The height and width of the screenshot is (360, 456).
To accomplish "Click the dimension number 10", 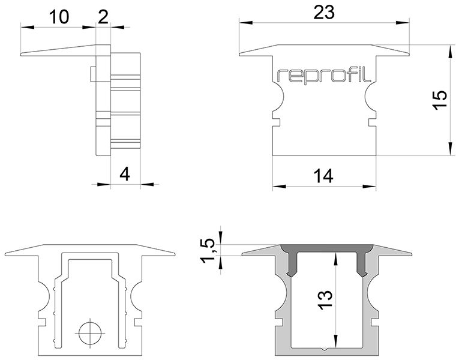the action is [59, 17].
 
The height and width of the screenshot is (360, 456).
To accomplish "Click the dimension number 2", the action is [103, 17].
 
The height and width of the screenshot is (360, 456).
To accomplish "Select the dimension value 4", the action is [125, 175].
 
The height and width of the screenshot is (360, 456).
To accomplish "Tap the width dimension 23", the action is [324, 13].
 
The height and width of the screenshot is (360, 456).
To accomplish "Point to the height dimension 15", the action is [439, 100].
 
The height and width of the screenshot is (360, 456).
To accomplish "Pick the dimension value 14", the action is [323, 176].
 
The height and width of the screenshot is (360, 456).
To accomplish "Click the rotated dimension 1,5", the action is [209, 251].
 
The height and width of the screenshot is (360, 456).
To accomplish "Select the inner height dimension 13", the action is [325, 300].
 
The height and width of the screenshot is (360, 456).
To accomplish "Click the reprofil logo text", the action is [324, 76].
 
